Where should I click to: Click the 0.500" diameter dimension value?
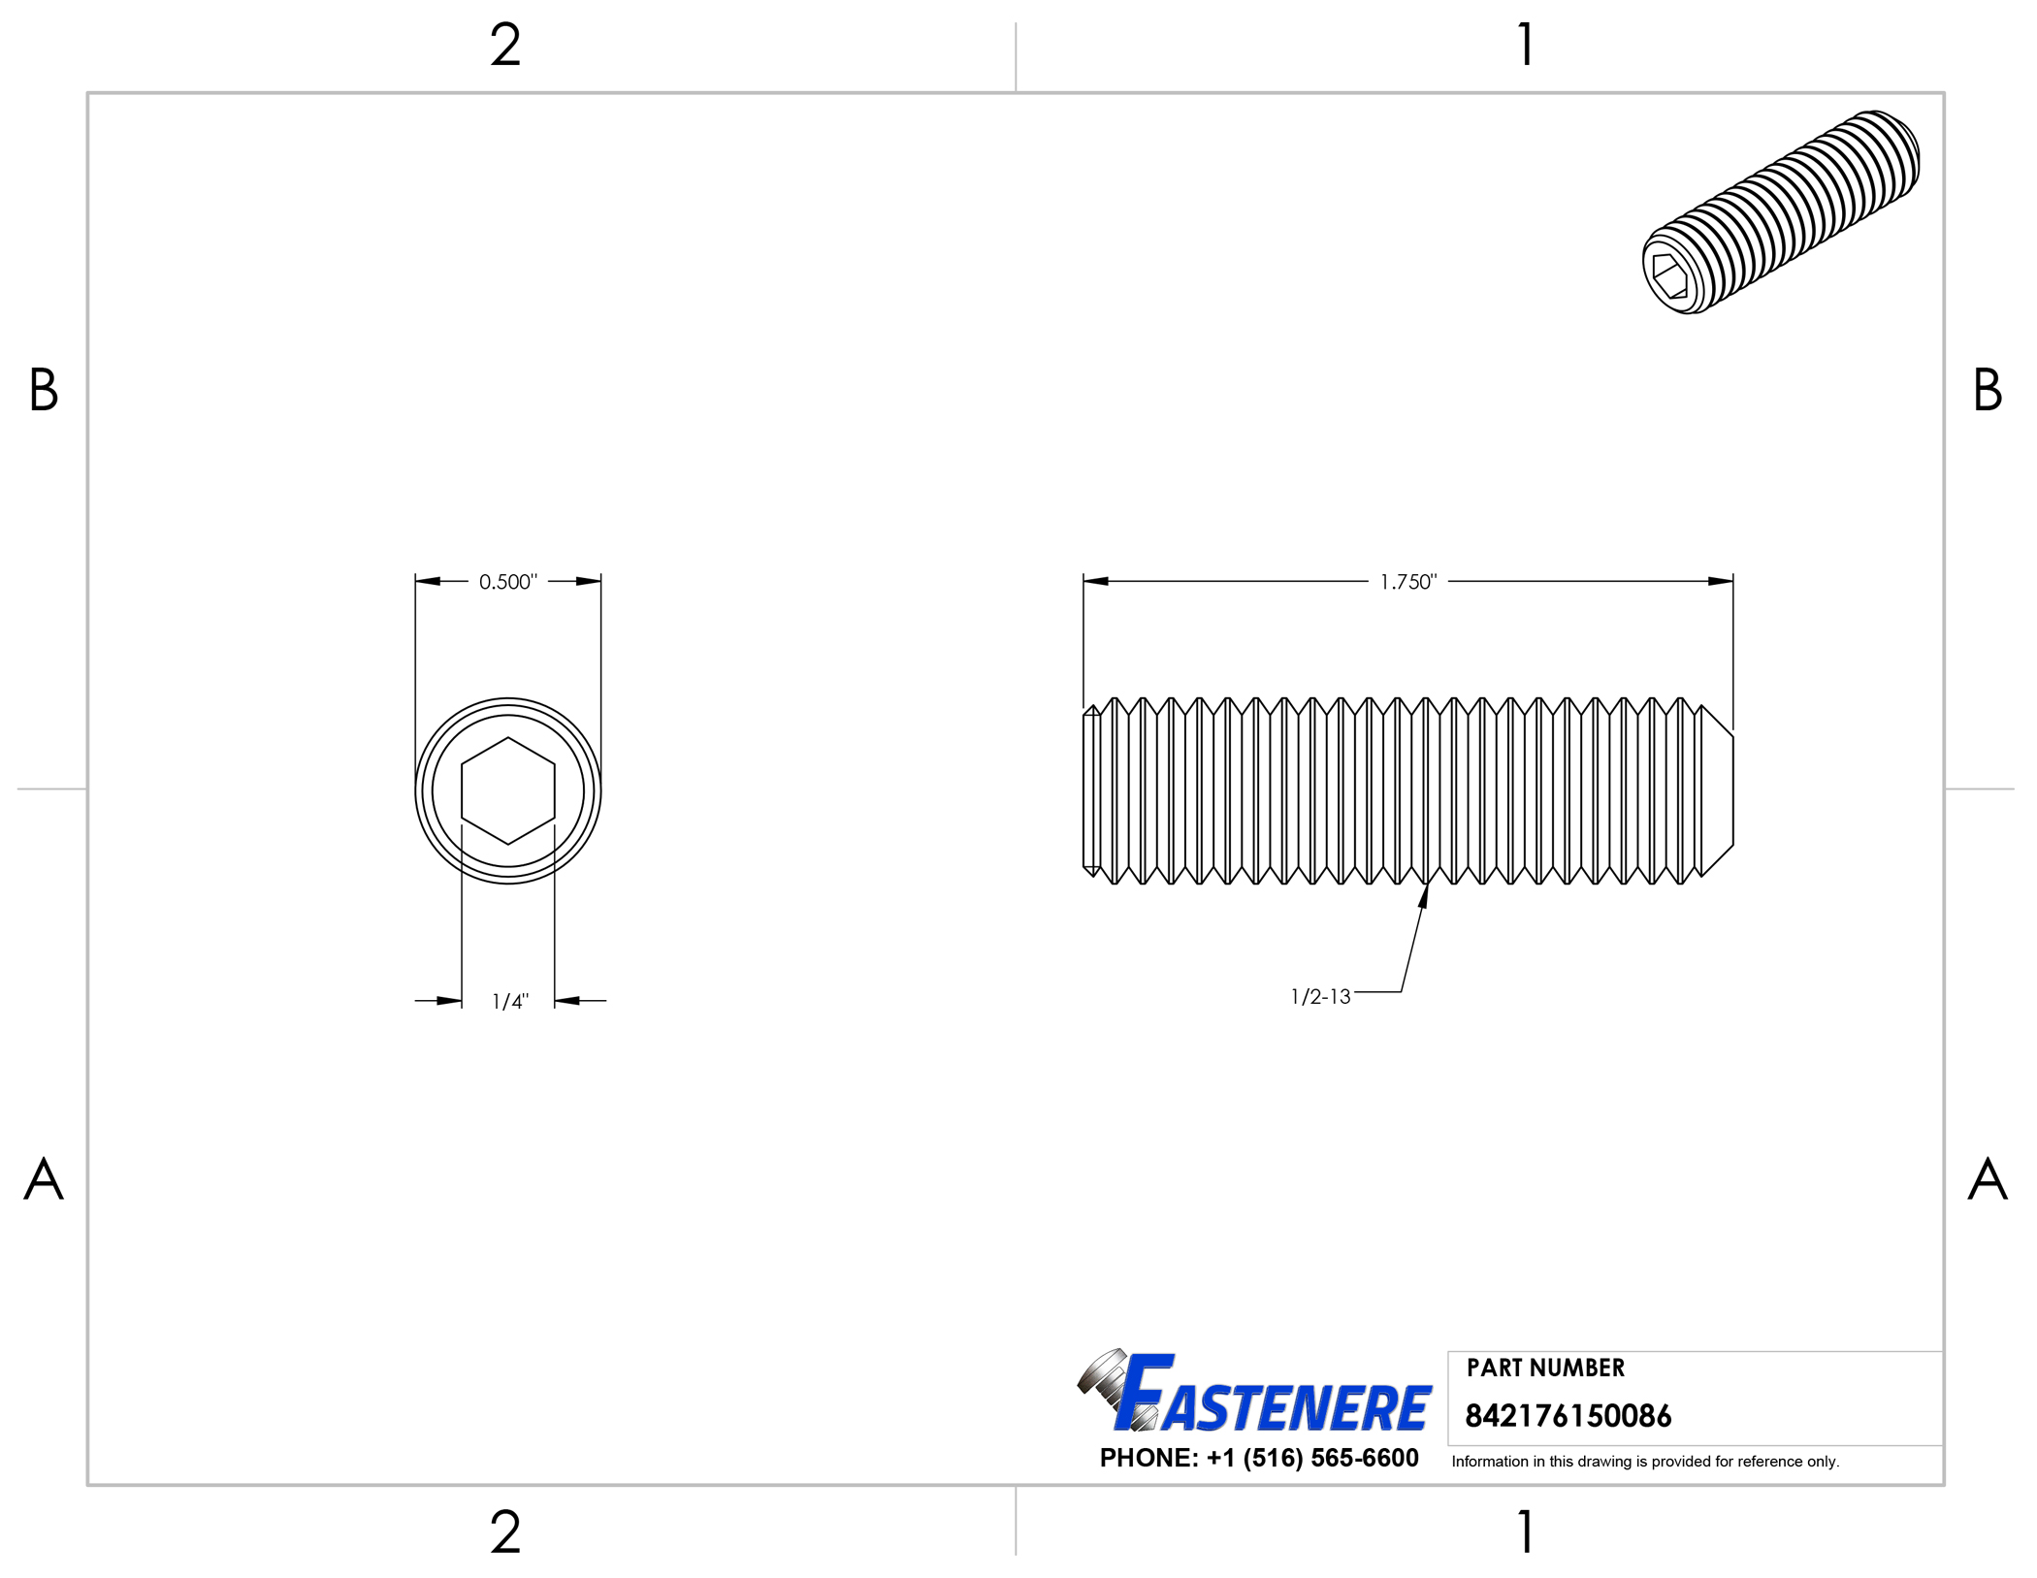point(507,582)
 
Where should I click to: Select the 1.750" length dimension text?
point(1407,582)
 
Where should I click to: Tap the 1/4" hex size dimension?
point(510,1001)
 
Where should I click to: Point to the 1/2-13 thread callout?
point(1320,997)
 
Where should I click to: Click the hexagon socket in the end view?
point(508,790)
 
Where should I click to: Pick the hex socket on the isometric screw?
point(1669,275)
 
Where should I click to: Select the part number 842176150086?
point(1568,1416)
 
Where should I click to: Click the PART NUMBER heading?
point(1545,1368)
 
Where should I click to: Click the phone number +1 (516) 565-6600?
point(1259,1458)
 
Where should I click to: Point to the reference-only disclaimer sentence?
point(1645,1462)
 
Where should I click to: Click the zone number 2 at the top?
point(505,45)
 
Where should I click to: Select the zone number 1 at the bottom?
point(1526,1532)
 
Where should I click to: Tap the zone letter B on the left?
point(44,390)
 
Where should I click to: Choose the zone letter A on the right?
point(1988,1179)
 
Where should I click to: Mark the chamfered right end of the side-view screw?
point(1718,790)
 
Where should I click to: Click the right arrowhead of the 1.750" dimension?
point(1721,582)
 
